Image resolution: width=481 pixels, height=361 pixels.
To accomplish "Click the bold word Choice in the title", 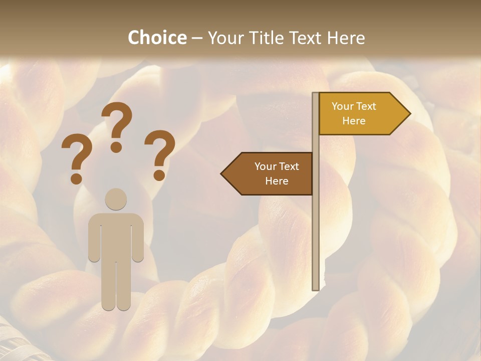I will [x=157, y=38].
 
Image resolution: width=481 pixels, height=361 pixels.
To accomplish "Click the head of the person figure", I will [x=116, y=199].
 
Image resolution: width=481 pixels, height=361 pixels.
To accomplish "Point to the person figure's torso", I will [x=116, y=236].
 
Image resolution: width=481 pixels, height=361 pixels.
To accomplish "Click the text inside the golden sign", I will [x=354, y=113].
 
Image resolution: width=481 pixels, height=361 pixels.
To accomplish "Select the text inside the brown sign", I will [x=277, y=173].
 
